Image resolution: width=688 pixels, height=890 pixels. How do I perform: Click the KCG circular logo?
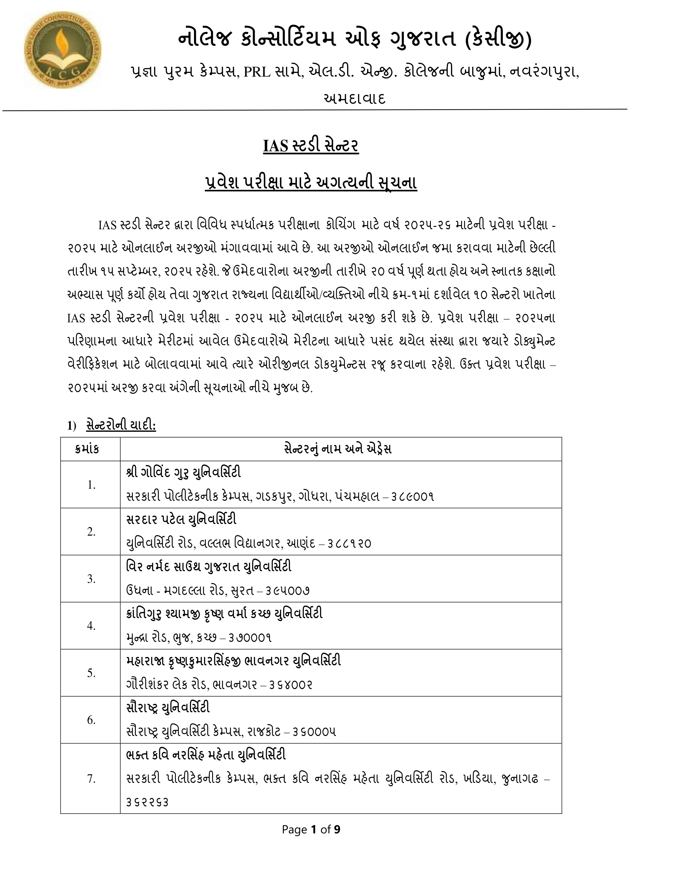(x=62, y=50)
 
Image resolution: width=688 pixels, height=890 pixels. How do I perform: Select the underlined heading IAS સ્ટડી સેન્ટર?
(x=311, y=146)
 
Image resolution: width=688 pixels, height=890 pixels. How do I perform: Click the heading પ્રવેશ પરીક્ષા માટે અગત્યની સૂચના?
(x=311, y=183)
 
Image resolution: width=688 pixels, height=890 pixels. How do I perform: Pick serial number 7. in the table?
(x=91, y=779)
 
